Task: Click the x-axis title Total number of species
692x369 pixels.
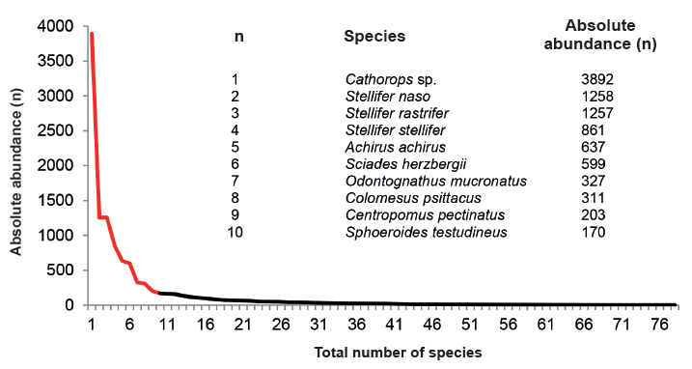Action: tap(385, 353)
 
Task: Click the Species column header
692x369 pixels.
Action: tap(374, 37)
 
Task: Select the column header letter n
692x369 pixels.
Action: tap(238, 37)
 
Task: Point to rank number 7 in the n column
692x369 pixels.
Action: tap(235, 182)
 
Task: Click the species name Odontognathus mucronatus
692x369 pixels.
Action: tap(417, 182)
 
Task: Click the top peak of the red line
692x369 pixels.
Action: tap(92, 34)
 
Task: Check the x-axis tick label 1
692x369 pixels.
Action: tap(92, 324)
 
